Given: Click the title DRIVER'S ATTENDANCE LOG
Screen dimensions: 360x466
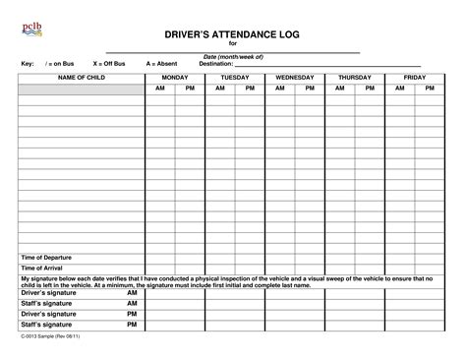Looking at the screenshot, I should (233, 34).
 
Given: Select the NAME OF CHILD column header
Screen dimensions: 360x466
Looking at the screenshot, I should (81, 76).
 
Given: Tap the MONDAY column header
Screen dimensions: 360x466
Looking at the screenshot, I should (175, 76).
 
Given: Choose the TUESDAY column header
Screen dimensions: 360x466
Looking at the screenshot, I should (235, 76).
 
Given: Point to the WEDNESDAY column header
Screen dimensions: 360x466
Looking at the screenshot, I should (295, 76).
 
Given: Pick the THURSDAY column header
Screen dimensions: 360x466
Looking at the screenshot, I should (355, 76).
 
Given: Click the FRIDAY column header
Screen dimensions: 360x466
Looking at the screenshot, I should (414, 76).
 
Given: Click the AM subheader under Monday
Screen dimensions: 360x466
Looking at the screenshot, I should (160, 88).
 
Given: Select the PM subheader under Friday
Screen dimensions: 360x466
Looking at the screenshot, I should (430, 88).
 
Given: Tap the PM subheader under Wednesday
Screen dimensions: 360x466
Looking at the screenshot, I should (310, 88).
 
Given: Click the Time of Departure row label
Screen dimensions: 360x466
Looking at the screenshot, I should (46, 257).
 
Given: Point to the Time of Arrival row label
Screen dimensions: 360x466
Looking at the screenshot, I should (41, 268).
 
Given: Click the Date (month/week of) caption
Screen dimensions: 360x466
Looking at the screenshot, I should (233, 57).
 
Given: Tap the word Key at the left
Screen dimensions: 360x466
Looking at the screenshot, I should (28, 63).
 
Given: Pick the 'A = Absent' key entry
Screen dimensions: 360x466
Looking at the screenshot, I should (161, 63).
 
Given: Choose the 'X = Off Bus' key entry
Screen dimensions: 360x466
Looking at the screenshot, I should (109, 63).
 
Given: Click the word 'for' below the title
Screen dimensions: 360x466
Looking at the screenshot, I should (233, 44).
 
